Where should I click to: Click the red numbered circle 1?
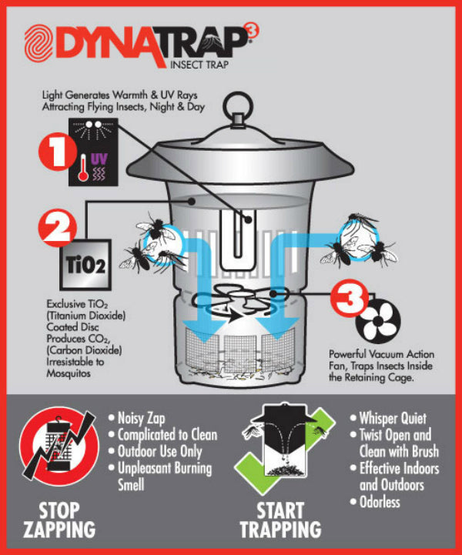(57, 154)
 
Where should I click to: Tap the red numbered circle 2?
(57, 229)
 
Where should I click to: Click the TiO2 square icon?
(85, 265)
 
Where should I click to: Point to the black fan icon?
(378, 321)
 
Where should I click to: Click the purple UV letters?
(99, 159)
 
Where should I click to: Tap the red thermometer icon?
(83, 169)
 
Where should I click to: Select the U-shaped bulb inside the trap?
(237, 239)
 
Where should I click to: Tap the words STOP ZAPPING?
(59, 520)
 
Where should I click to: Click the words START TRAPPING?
(280, 520)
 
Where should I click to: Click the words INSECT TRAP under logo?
(199, 65)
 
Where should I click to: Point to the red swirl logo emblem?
(38, 44)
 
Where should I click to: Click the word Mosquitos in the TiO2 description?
(69, 373)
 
